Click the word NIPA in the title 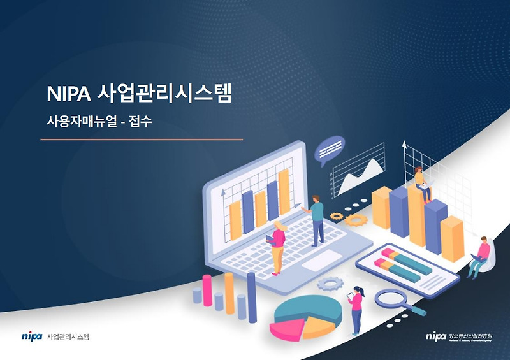pyautogui.click(x=68, y=94)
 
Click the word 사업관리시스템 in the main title pyautogui.click(x=166, y=94)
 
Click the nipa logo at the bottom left pyautogui.click(x=31, y=336)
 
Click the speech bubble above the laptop pyautogui.click(x=330, y=150)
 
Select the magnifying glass pyautogui.click(x=393, y=299)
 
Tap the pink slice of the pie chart pyautogui.click(x=286, y=329)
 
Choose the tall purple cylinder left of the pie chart pyautogui.click(x=251, y=297)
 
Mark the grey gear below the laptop pyautogui.click(x=330, y=284)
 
